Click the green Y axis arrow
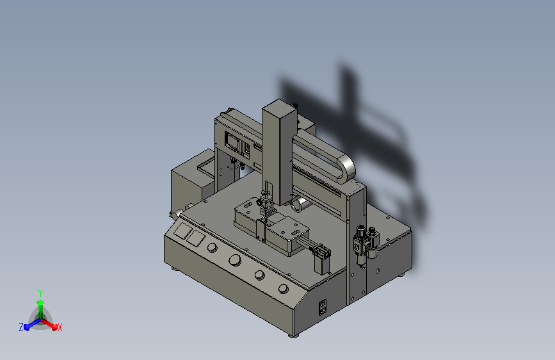(40, 308)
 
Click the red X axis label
(60, 327)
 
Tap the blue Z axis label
(21, 327)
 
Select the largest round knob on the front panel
(235, 260)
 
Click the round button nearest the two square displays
(212, 247)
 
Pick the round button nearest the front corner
(283, 289)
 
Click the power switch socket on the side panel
(323, 307)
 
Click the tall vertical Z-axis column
(279, 152)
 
